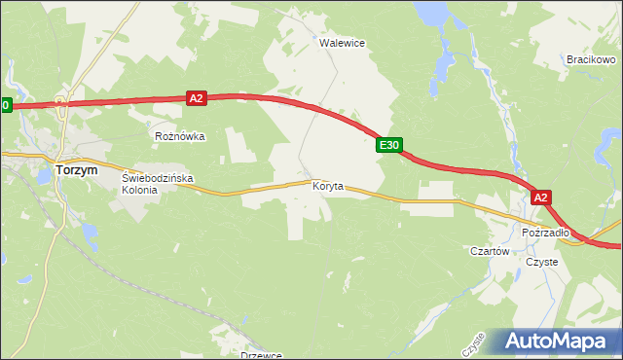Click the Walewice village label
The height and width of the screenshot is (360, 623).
(342, 43)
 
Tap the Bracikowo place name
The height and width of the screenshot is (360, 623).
(590, 59)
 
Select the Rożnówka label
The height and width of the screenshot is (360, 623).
(180, 136)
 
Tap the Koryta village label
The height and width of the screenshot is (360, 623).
(328, 186)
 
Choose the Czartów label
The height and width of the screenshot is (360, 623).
(490, 251)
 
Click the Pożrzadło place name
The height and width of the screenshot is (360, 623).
(545, 233)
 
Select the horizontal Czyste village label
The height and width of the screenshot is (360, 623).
(541, 262)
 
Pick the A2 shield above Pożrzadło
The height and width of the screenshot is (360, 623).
(542, 198)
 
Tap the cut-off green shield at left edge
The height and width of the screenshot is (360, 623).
(5, 104)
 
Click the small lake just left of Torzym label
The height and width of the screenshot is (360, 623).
(45, 173)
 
